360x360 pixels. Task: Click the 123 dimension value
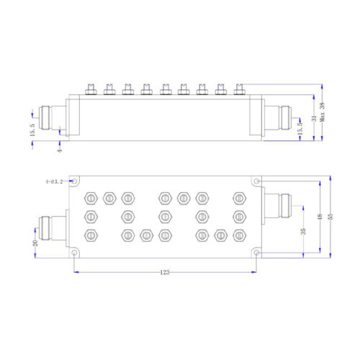click(x=165, y=272)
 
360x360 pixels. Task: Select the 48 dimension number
click(x=320, y=217)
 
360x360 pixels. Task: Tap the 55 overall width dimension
click(x=330, y=217)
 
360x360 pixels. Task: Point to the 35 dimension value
click(x=303, y=231)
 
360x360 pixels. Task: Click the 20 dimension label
click(x=35, y=243)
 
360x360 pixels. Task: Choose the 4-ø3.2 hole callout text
click(x=54, y=181)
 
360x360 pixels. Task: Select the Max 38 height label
click(x=322, y=112)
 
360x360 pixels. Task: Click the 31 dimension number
click(x=314, y=118)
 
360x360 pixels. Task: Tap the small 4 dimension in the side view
click(x=60, y=150)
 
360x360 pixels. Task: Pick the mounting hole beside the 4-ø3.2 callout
click(x=75, y=181)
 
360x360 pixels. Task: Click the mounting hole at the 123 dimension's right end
click(x=256, y=253)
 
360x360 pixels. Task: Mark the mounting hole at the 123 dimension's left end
click(x=75, y=253)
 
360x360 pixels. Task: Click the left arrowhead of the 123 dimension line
click(x=76, y=272)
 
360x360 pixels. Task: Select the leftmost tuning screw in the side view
click(x=91, y=89)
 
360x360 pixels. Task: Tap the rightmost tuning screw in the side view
click(x=239, y=89)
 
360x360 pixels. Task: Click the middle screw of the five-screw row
click(x=164, y=217)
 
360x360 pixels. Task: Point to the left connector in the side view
click(x=53, y=117)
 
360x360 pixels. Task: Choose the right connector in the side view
click(x=278, y=117)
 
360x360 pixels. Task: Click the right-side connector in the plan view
click(x=278, y=206)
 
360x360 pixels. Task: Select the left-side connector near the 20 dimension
click(x=53, y=228)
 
